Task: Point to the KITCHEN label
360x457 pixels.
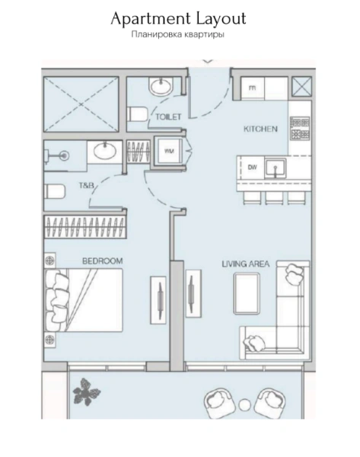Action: click(260, 129)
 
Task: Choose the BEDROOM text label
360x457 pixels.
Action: click(102, 261)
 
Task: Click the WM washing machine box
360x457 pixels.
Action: click(167, 150)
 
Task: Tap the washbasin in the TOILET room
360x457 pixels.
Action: click(161, 88)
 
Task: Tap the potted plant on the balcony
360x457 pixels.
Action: click(86, 394)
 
